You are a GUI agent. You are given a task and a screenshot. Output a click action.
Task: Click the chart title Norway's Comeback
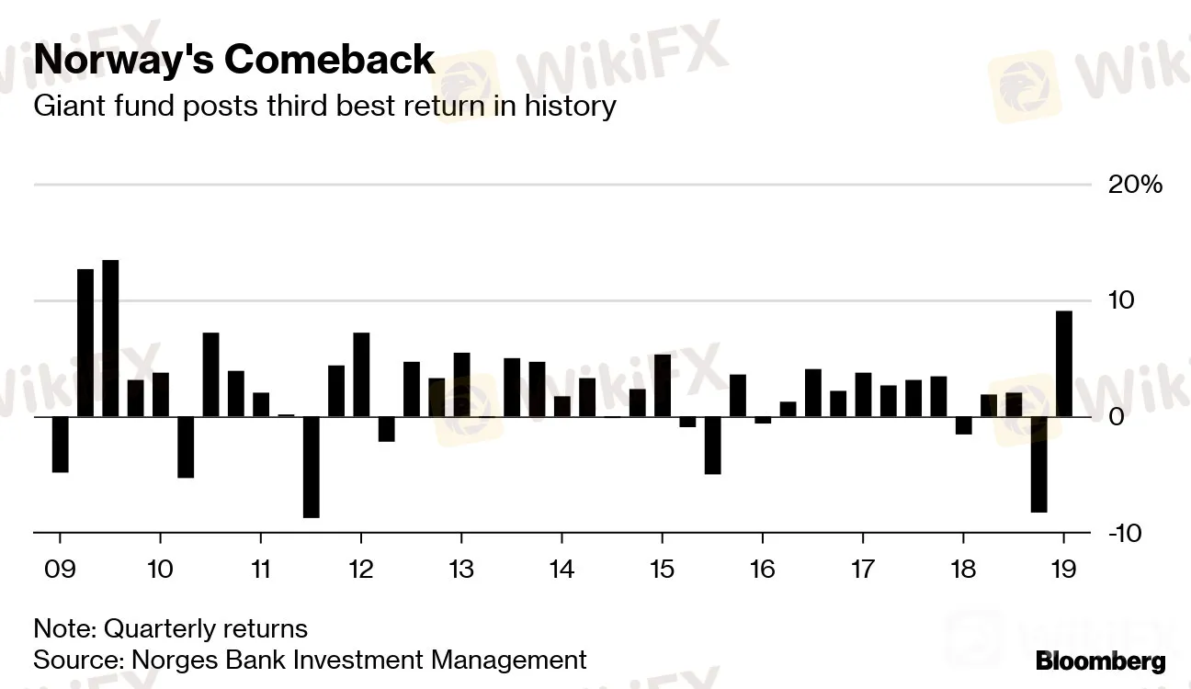(x=234, y=60)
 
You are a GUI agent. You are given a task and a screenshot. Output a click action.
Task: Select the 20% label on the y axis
(x=1136, y=185)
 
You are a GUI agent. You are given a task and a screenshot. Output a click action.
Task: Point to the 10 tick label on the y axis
(x=1123, y=300)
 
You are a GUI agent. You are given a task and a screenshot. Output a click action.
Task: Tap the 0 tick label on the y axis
(x=1117, y=417)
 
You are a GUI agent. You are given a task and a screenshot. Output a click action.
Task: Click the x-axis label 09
(x=60, y=569)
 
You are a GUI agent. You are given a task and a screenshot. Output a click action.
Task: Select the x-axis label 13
(x=460, y=569)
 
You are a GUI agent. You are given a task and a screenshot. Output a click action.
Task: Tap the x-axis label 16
(x=762, y=569)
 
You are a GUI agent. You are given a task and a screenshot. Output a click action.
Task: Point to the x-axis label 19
(x=1063, y=569)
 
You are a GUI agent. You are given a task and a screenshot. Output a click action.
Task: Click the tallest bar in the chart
(x=110, y=338)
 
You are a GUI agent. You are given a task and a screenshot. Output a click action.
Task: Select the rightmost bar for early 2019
(x=1064, y=364)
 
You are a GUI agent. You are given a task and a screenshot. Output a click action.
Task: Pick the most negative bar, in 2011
(x=311, y=467)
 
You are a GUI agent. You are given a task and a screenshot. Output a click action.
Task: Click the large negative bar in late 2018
(x=1038, y=464)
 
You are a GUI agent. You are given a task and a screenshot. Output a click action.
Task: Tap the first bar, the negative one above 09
(x=60, y=445)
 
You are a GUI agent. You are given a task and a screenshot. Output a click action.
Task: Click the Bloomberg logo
(x=1100, y=661)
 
